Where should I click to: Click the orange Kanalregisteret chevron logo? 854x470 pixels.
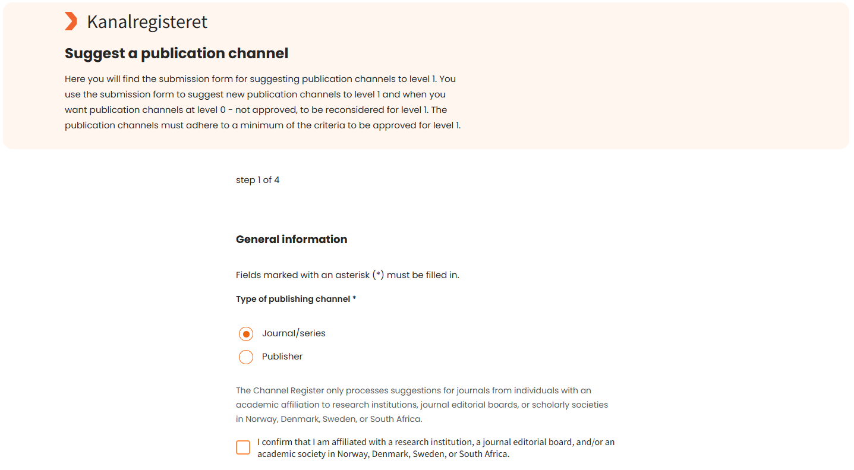coord(71,21)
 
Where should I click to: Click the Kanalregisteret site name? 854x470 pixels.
coord(147,22)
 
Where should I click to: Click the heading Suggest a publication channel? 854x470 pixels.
coord(177,53)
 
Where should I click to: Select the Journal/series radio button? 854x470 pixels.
coord(246,334)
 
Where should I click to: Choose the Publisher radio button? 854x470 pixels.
coord(246,357)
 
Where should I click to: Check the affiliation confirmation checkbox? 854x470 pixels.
coord(243,447)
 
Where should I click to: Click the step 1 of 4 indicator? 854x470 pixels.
coord(257,180)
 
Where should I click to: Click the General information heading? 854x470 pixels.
coord(291,239)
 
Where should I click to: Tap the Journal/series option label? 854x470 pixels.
coord(294,333)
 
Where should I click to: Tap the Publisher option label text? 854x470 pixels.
coord(282,357)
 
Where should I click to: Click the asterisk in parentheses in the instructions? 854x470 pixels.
coord(378,275)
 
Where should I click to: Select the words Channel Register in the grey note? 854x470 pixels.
coord(288,390)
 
